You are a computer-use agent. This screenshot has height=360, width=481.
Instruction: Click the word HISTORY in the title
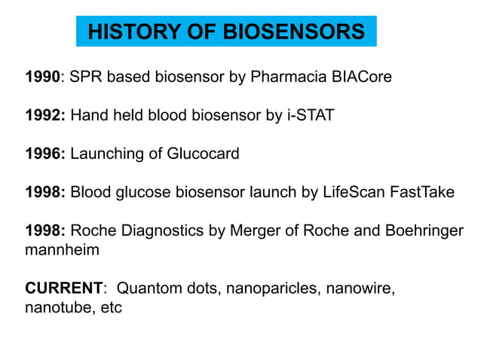point(129,32)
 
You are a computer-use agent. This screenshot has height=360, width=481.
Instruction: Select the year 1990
point(43,77)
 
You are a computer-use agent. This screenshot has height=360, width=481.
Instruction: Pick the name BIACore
point(361,77)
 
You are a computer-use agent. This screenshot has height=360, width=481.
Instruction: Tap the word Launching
point(106,154)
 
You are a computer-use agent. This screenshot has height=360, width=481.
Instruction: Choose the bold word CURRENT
point(63,288)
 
